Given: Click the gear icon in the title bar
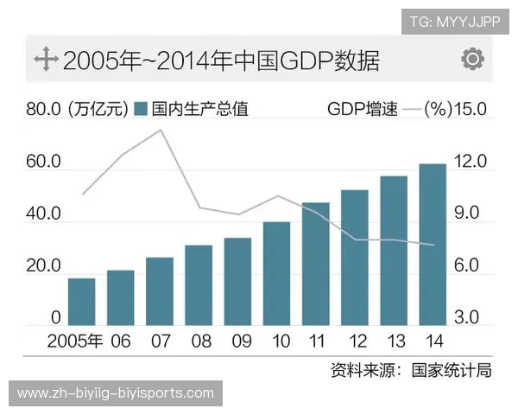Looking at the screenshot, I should [471, 60].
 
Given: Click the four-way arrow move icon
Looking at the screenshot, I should [44, 60].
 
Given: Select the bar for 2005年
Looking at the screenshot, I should [81, 302].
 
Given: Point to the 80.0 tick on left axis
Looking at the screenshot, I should [43, 110].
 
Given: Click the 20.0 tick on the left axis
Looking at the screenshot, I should [43, 266].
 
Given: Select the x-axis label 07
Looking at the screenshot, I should [160, 342].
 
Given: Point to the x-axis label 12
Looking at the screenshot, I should [354, 342].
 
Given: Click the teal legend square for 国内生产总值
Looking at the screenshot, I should [142, 110].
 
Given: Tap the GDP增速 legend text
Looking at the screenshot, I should [363, 110].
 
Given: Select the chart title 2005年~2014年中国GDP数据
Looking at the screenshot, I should [221, 61].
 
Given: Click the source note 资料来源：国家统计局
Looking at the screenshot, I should [411, 371].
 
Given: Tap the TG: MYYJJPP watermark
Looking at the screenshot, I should [455, 21].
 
